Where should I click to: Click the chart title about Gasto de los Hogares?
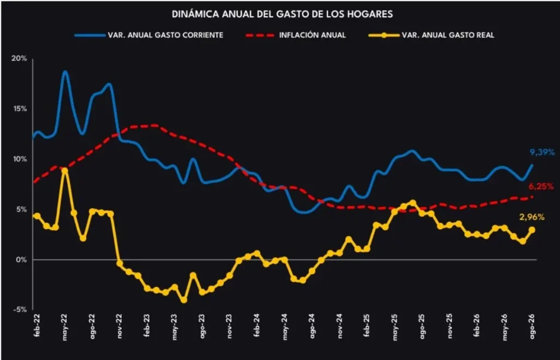pos(282,14)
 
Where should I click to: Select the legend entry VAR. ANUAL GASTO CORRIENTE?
pos(149,35)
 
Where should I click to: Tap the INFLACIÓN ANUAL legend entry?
pos(296,35)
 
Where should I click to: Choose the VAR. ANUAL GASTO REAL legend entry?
pos(431,35)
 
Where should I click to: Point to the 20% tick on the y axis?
pos(20,58)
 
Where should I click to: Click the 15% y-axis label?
pos(21,108)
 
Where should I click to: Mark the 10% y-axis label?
pos(20,159)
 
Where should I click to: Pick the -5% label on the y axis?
pos(20,310)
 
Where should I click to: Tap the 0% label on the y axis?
pos(22,260)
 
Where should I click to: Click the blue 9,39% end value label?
pos(542,153)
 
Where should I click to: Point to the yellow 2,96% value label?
pos(532,217)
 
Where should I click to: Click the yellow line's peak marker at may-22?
pos(65,171)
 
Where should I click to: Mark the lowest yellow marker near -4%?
pos(184,300)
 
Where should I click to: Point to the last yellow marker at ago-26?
pos(532,230)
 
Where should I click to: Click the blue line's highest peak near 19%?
pos(65,72)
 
